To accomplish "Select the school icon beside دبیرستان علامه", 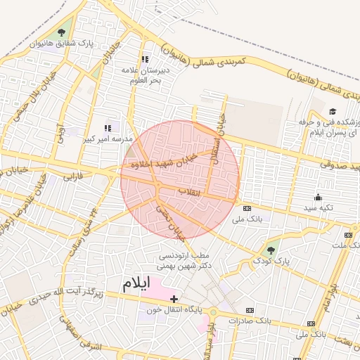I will point(145,60).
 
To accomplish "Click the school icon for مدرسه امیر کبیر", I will point(108,127).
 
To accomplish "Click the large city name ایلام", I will point(136,283).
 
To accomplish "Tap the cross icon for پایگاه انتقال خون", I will point(174,300).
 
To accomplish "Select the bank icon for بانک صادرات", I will point(250,310).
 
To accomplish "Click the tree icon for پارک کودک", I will point(271,248).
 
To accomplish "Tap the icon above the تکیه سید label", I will point(319,197).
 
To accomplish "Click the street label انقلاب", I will point(188,191).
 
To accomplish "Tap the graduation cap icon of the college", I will point(333,111).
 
